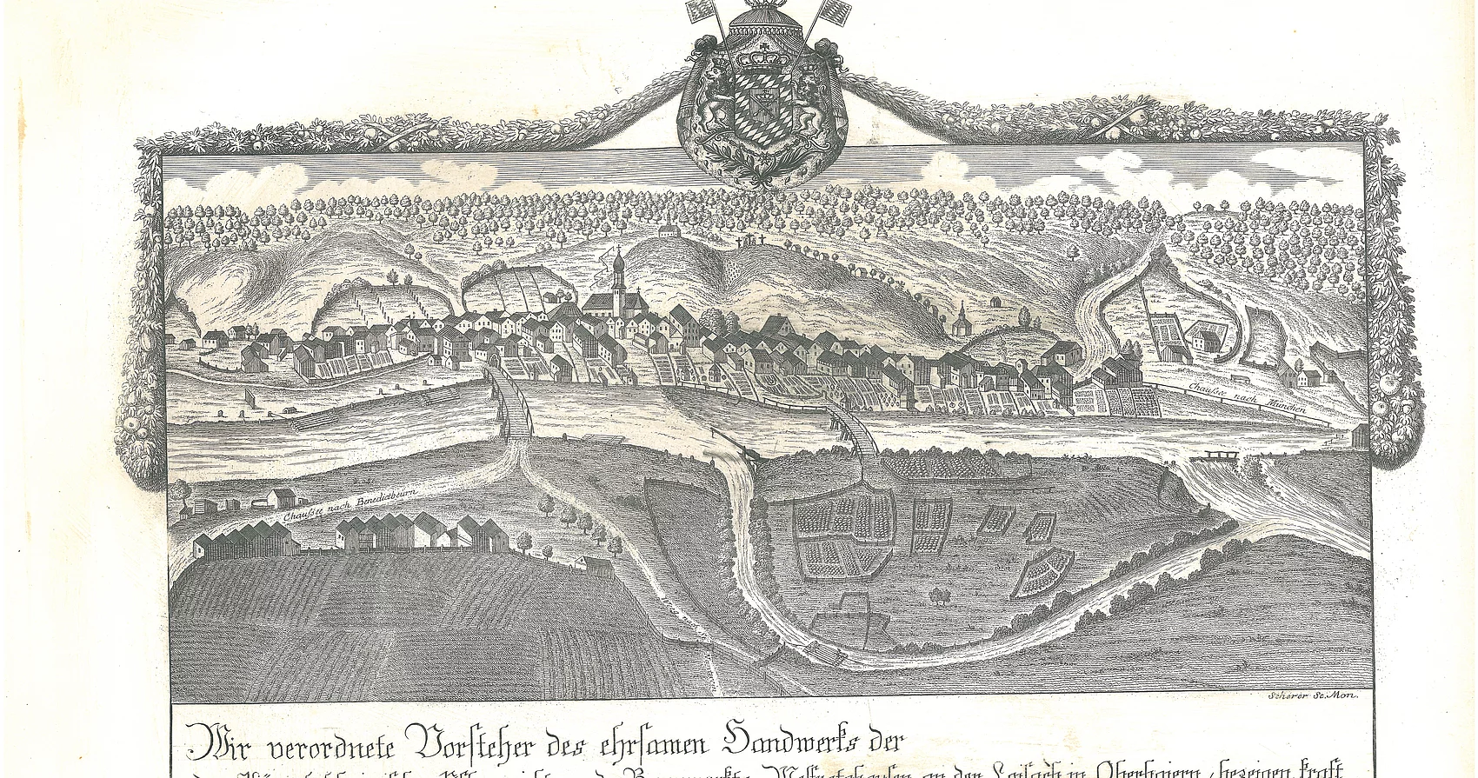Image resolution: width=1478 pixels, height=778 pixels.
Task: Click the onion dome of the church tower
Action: pos(617,260)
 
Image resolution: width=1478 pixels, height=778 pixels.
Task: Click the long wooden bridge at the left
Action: pos(513,405)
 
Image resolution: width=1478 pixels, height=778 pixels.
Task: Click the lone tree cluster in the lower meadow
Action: pos(938,595)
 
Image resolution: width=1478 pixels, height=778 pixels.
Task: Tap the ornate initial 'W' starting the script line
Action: pos(202,745)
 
